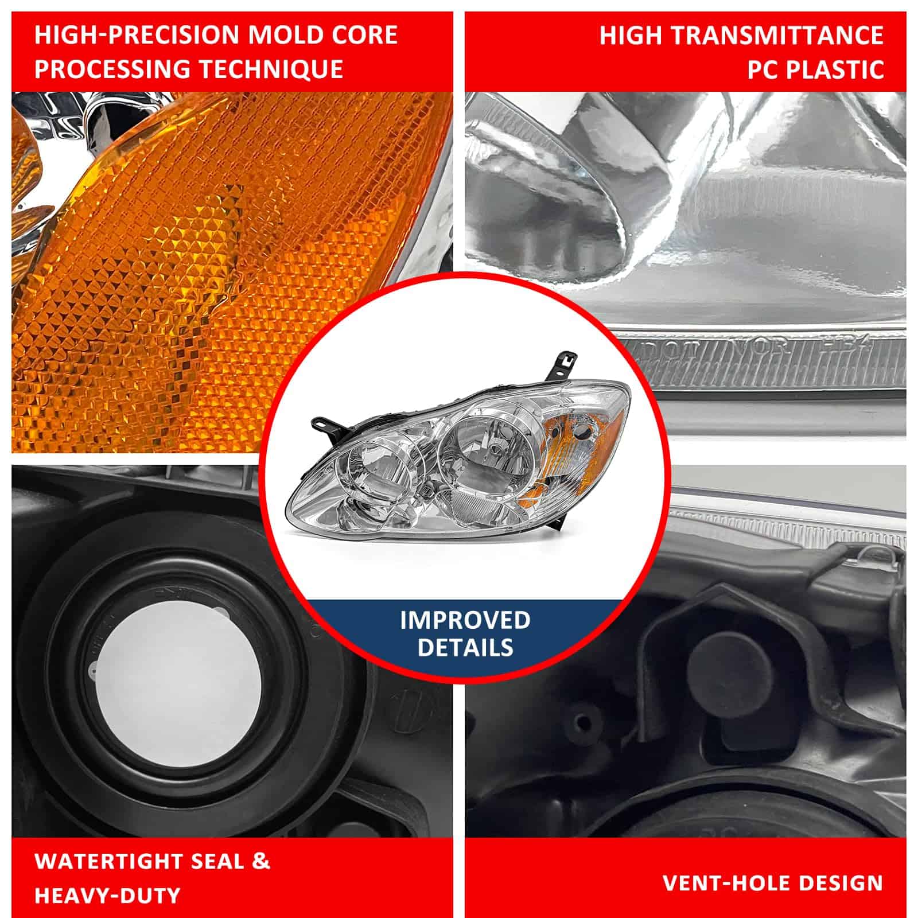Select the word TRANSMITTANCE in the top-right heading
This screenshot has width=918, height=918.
pyautogui.click(x=778, y=36)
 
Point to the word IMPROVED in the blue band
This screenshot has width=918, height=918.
pyautogui.click(x=465, y=620)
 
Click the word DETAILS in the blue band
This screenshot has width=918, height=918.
pyautogui.click(x=465, y=647)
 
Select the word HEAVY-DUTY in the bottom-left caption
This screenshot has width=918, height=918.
pyautogui.click(x=108, y=895)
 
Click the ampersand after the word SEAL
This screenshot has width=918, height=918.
pyautogui.click(x=261, y=861)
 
